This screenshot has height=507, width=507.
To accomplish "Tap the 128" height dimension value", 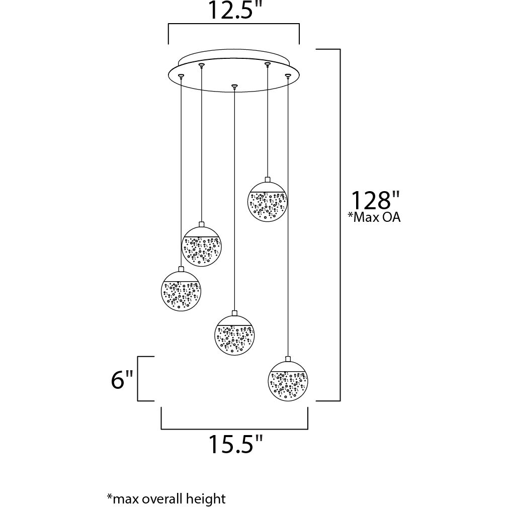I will (370, 200).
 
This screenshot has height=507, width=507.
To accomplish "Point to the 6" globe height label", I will (122, 380).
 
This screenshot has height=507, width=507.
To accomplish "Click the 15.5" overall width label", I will (235, 445).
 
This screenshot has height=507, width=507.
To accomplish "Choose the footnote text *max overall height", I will (166, 498).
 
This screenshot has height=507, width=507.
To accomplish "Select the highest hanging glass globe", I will (267, 201).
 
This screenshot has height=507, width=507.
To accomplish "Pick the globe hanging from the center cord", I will (234, 334).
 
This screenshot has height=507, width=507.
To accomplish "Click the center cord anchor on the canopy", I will (233, 86).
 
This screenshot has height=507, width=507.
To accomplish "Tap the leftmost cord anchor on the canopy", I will (181, 75).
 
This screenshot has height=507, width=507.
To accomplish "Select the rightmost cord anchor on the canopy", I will (288, 75).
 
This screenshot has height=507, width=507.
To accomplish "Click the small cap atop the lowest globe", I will (288, 359).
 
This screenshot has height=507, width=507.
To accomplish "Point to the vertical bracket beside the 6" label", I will (138, 379).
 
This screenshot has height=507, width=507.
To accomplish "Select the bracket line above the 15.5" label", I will (234, 429).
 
